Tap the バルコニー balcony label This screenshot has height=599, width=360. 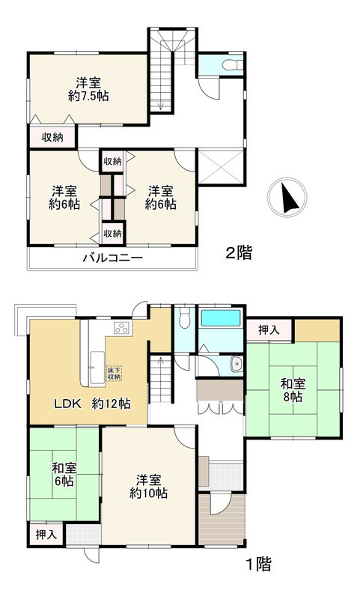click(x=113, y=259)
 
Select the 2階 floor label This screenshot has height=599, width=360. click(x=239, y=253)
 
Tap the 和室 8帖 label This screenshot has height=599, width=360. click(x=292, y=390)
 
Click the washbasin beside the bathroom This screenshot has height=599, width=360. click(x=237, y=365)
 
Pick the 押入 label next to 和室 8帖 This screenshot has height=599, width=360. click(x=269, y=329)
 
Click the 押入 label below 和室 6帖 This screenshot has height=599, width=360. click(x=46, y=535)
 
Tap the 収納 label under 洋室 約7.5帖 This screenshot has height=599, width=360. click(x=52, y=137)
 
